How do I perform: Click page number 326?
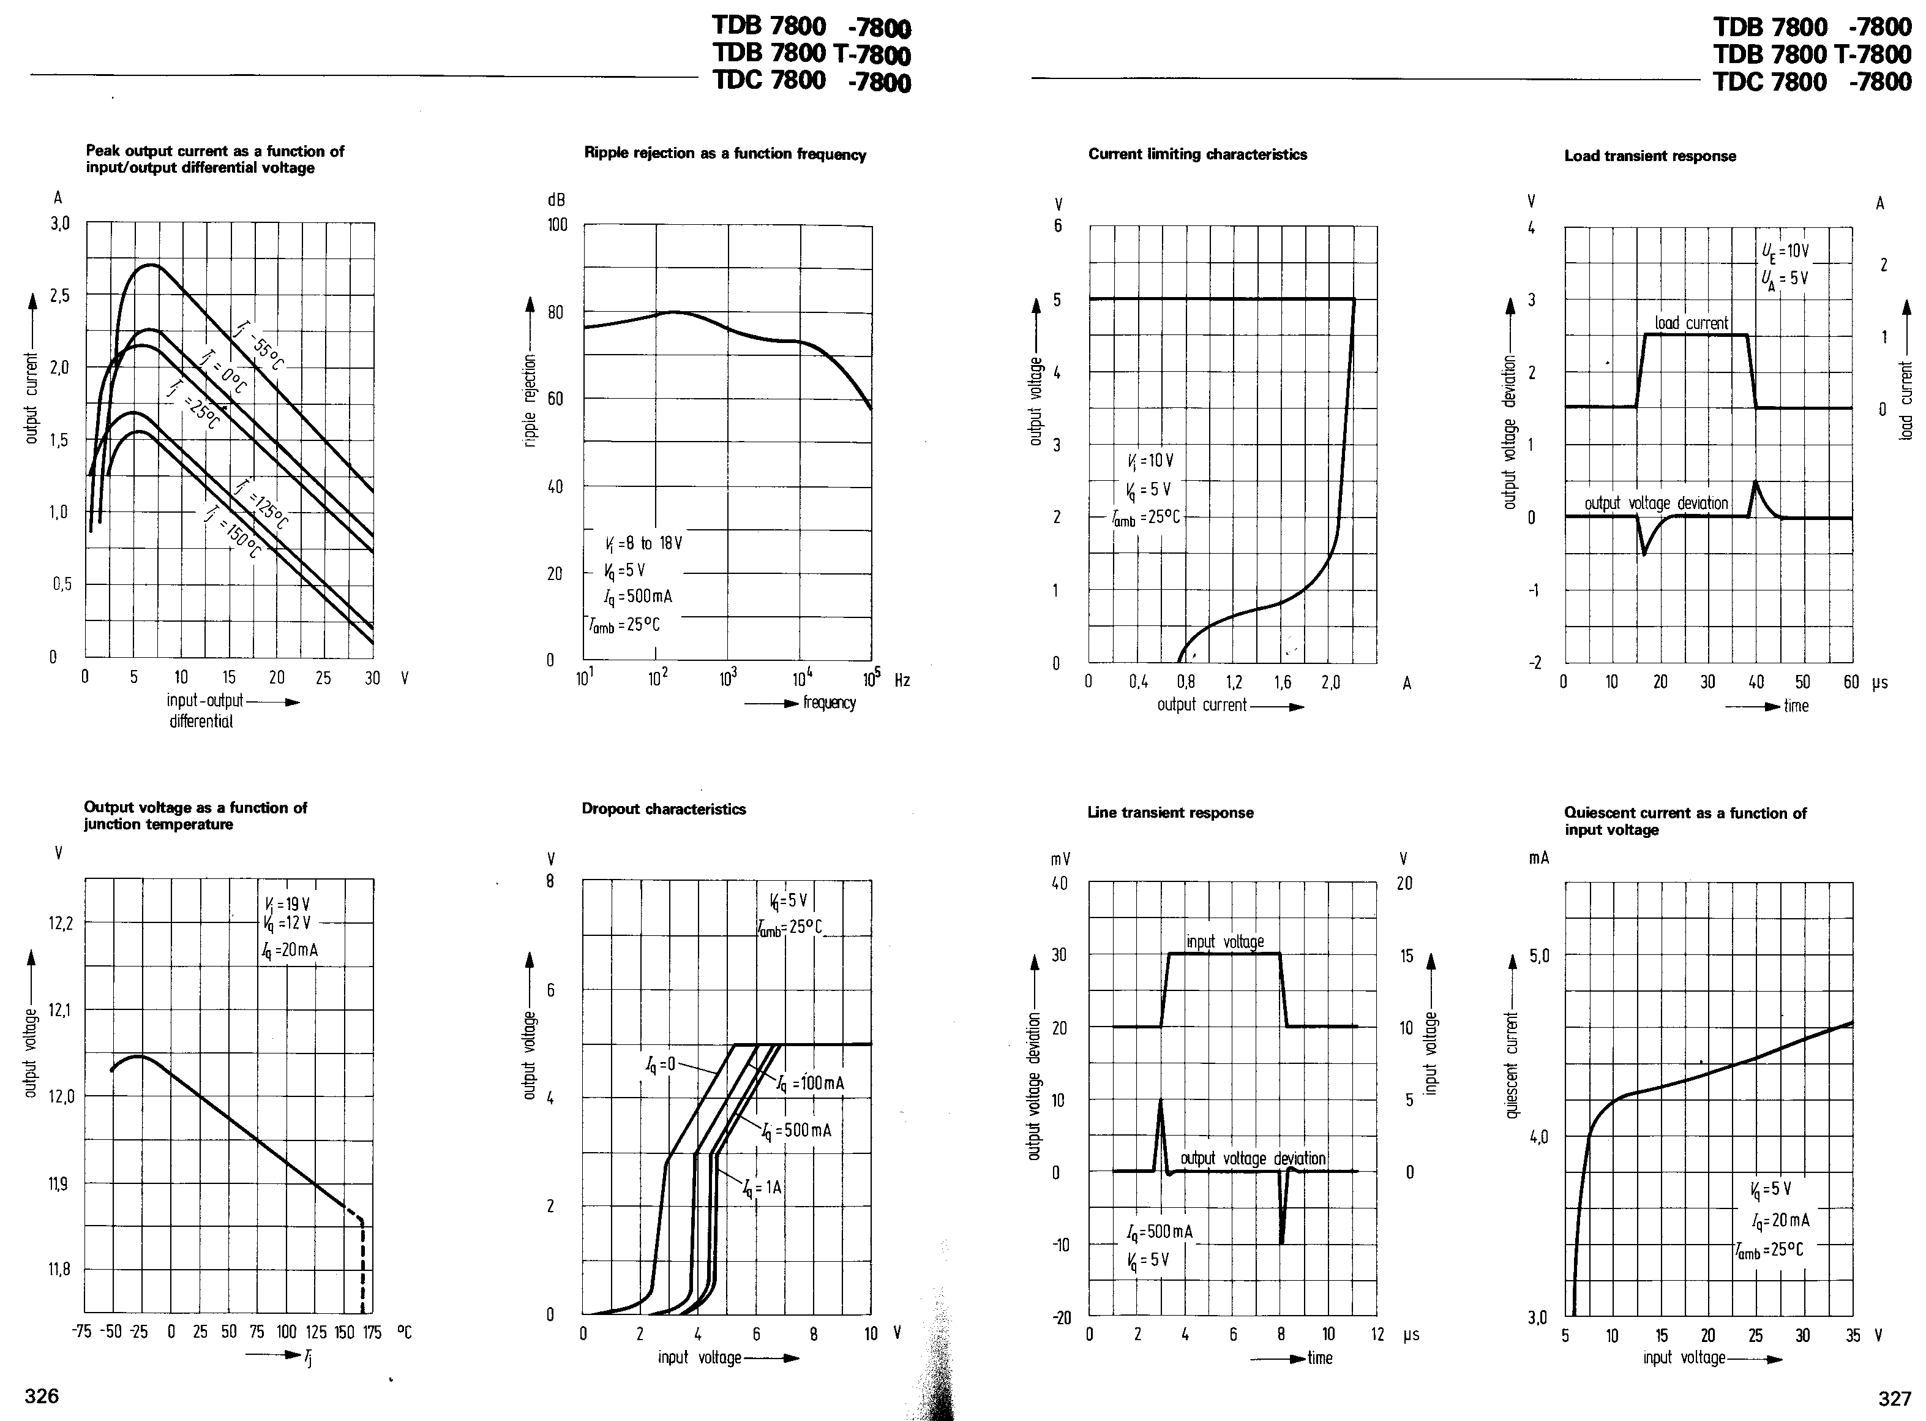(41, 1395)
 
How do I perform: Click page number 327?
(1894, 1398)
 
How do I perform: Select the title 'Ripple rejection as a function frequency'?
(725, 154)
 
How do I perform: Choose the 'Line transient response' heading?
(1169, 812)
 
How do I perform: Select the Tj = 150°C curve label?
(231, 532)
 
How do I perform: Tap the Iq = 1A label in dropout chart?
(763, 1188)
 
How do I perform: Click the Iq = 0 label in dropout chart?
(661, 1064)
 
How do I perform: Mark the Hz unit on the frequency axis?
(902, 680)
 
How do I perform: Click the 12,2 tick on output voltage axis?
(61, 923)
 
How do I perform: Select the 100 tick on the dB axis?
(557, 225)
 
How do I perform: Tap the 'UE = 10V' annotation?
(1785, 251)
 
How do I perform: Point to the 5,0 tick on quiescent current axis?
(1538, 956)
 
